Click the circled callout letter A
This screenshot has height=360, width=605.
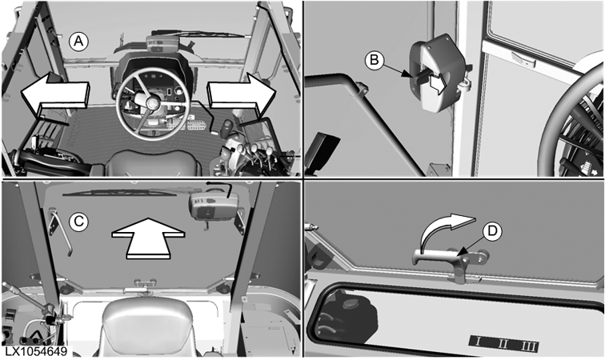click(78, 41)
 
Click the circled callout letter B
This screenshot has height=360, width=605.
click(375, 60)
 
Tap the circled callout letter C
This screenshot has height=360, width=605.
click(78, 222)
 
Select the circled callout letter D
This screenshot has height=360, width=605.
click(492, 231)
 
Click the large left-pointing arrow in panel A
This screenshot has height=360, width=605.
click(54, 94)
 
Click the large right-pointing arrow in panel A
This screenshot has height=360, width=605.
click(242, 94)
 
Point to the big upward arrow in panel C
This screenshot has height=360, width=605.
click(148, 238)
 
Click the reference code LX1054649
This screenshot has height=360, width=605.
click(36, 351)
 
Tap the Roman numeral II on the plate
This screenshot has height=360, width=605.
click(502, 343)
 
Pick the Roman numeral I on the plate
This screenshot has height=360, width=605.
click(478, 342)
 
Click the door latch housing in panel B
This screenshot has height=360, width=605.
click(436, 74)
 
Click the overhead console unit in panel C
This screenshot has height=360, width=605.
click(214, 206)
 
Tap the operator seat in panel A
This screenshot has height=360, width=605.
click(153, 163)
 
